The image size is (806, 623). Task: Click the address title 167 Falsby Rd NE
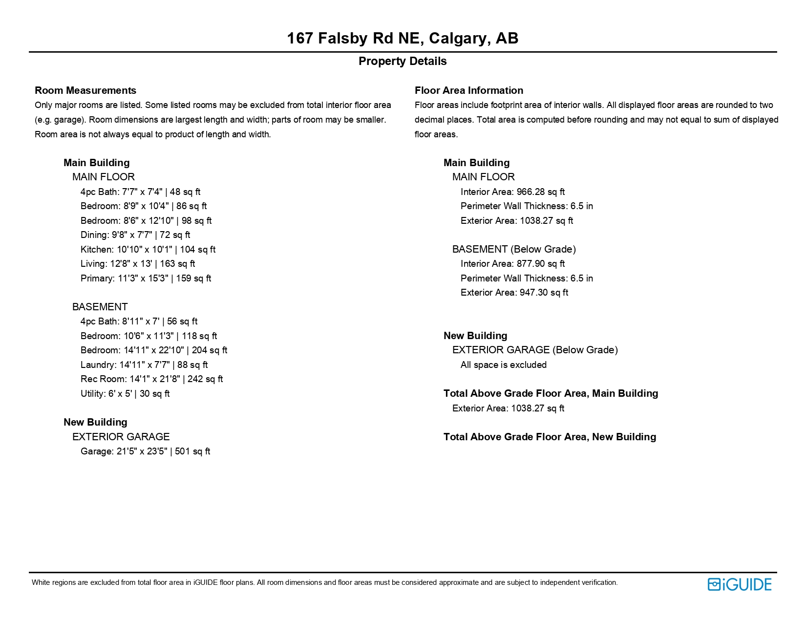click(x=403, y=38)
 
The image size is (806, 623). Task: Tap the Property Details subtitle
click(x=403, y=61)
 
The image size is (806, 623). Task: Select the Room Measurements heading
click(x=85, y=90)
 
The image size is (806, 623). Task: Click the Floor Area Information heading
click(x=469, y=90)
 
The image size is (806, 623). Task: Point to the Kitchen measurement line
click(x=148, y=249)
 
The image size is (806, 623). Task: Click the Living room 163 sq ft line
click(x=138, y=264)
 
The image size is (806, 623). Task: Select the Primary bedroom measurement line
click(x=146, y=278)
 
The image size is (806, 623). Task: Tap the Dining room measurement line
click(x=135, y=235)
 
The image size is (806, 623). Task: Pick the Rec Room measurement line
click(x=151, y=379)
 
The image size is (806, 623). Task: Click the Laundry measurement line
click(x=144, y=365)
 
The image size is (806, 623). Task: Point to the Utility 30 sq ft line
click(x=125, y=393)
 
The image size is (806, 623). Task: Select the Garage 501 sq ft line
click(x=145, y=451)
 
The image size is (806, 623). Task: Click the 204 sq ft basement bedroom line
click(x=154, y=350)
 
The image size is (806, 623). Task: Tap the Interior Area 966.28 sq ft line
click(x=512, y=192)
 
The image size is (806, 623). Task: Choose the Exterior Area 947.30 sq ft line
click(x=514, y=293)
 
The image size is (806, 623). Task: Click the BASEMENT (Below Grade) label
click(x=514, y=249)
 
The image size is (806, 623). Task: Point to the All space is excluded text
click(x=504, y=365)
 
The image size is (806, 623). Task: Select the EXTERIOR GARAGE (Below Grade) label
click(x=535, y=350)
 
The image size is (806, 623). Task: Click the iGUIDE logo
click(x=739, y=584)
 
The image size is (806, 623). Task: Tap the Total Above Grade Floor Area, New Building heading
click(x=550, y=437)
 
